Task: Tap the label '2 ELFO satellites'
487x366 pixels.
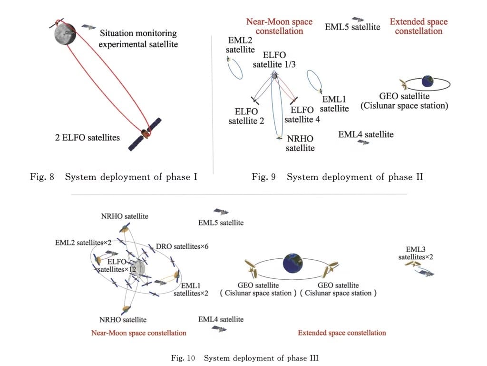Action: [88, 138]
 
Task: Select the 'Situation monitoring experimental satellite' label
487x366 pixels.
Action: [138, 39]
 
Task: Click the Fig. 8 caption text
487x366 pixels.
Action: [114, 177]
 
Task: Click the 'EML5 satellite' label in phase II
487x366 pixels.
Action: [352, 27]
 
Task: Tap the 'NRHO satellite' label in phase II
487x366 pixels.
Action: [300, 143]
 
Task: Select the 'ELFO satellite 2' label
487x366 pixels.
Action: [246, 116]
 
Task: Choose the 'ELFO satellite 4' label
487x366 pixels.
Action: [302, 115]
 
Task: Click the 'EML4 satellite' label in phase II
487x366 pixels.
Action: [366, 134]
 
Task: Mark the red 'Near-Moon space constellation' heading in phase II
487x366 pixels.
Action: [279, 26]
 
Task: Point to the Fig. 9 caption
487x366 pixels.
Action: [337, 177]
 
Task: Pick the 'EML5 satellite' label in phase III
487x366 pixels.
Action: [221, 223]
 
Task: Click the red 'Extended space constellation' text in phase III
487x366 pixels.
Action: [341, 333]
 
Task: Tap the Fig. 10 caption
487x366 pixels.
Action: [244, 358]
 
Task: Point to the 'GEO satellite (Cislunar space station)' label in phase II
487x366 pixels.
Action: [404, 101]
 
